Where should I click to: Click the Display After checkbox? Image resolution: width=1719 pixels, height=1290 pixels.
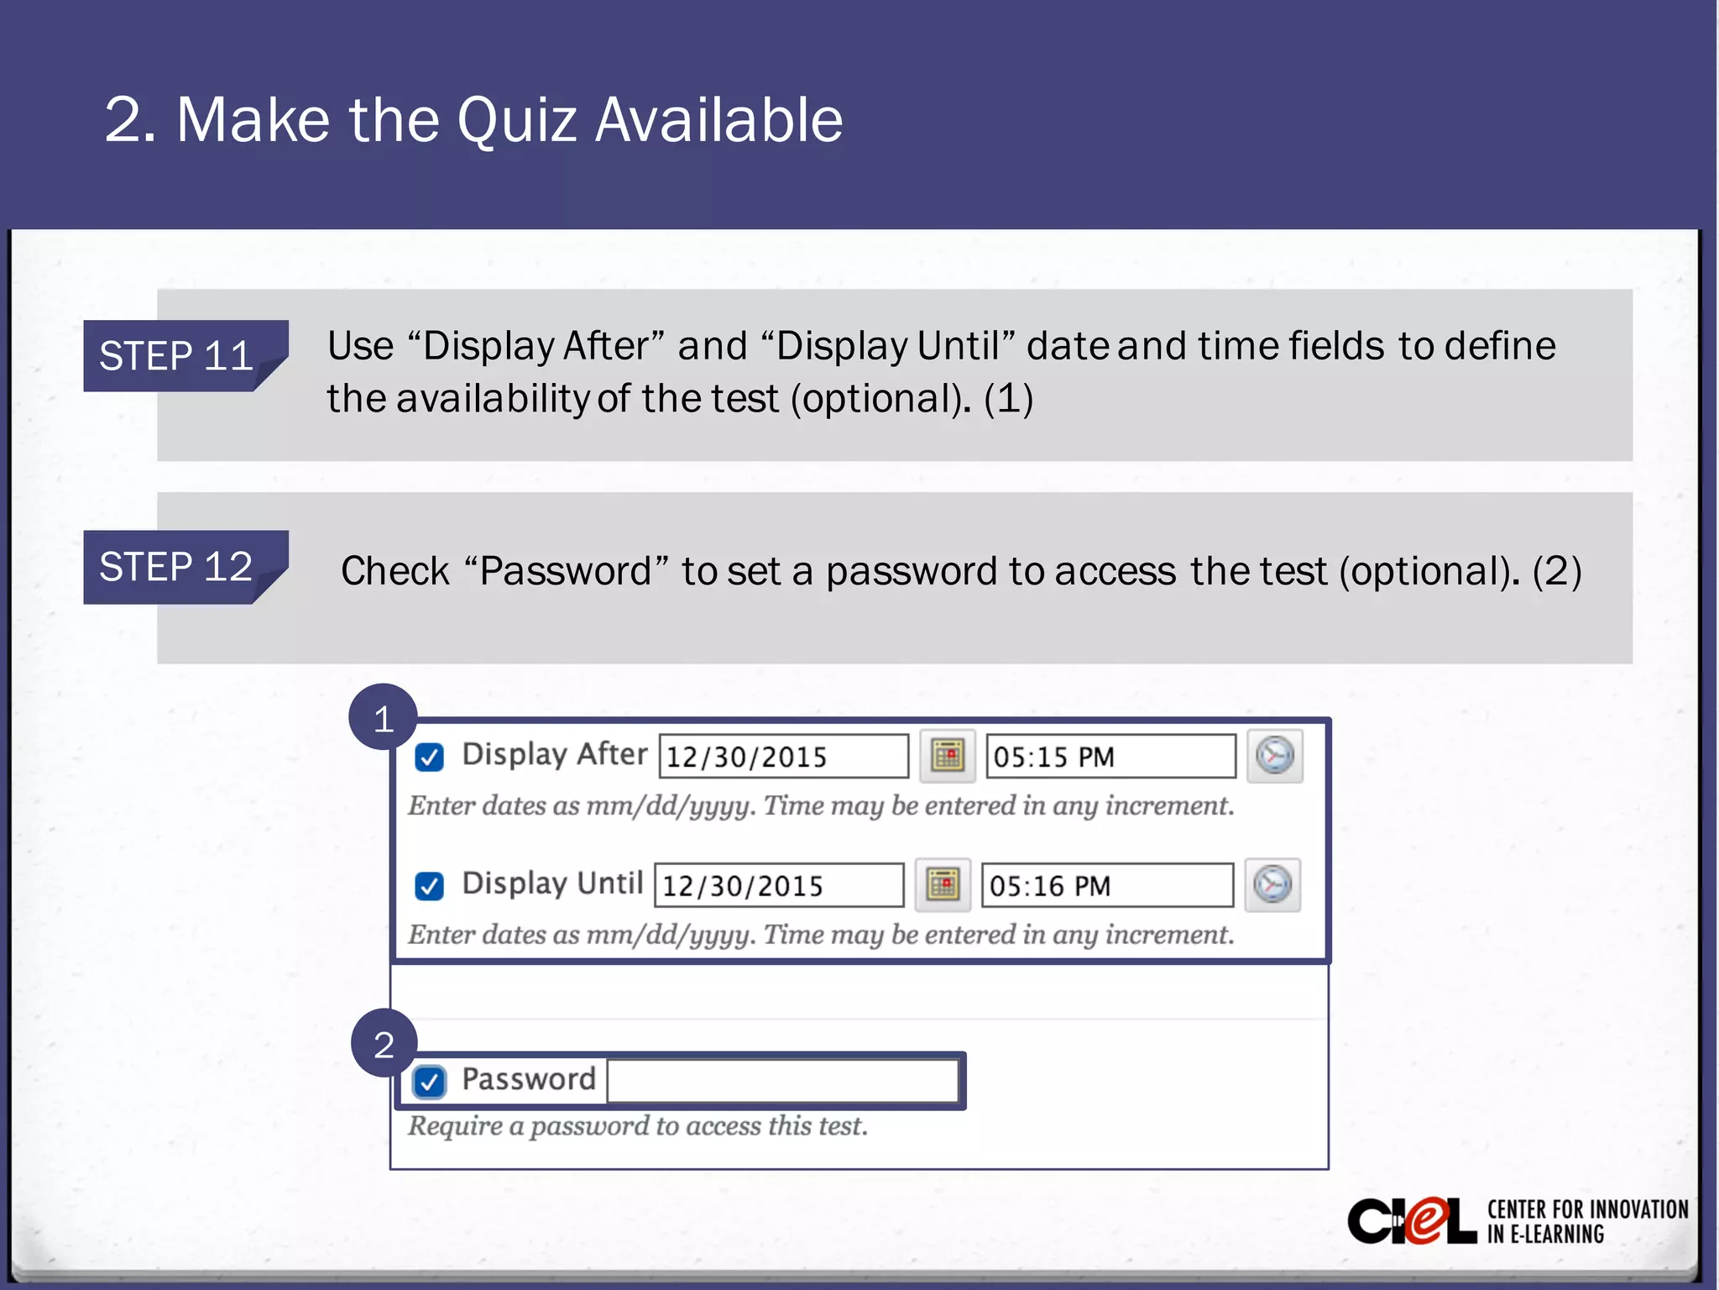(x=429, y=757)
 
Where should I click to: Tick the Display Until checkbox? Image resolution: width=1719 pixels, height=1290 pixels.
(x=429, y=885)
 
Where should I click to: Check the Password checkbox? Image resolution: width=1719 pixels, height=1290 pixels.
(x=429, y=1081)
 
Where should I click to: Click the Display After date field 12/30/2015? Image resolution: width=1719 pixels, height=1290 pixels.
(x=783, y=756)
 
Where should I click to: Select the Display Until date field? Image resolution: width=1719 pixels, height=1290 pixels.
(x=779, y=885)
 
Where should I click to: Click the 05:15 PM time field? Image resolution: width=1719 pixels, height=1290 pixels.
(x=1110, y=756)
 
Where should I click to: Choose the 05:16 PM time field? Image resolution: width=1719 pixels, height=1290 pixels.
(x=1106, y=885)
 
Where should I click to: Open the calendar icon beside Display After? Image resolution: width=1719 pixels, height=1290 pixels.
(x=948, y=756)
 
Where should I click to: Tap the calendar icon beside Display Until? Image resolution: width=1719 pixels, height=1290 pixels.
(x=943, y=884)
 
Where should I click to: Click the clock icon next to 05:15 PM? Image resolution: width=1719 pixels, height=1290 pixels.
(x=1274, y=756)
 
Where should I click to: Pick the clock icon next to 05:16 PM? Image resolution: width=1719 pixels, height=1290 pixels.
(x=1272, y=884)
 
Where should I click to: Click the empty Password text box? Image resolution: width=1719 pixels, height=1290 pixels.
(x=782, y=1080)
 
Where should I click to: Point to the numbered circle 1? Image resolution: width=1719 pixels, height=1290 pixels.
(x=384, y=718)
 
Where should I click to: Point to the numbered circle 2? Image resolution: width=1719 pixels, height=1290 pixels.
(x=384, y=1044)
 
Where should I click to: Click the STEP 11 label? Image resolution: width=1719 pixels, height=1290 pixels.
(x=176, y=356)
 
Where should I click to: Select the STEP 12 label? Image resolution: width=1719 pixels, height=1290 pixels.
(x=176, y=567)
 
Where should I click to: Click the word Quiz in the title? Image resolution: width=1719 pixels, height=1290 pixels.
(x=517, y=120)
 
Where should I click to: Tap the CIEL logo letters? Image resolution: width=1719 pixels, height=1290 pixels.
(x=1412, y=1221)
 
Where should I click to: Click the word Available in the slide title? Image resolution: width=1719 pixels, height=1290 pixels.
(x=718, y=120)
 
